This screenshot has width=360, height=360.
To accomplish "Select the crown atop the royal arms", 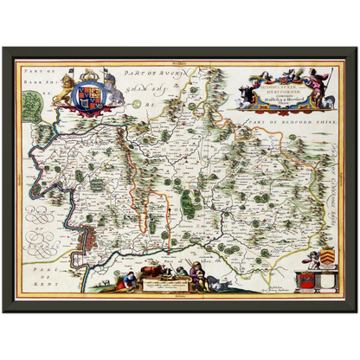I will click(x=89, y=77).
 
